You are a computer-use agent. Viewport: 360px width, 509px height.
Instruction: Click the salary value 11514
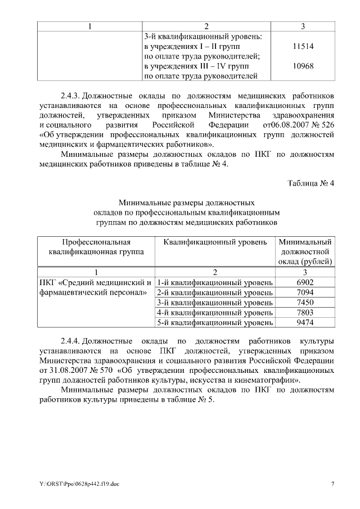[303, 48]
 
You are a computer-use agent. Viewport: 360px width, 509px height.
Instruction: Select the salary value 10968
[303, 67]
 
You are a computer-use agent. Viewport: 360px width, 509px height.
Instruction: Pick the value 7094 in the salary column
[304, 292]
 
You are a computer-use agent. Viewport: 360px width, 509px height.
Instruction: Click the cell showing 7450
[304, 303]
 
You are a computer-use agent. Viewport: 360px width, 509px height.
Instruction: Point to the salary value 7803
[304, 313]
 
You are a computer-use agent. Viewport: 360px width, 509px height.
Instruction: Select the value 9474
[304, 323]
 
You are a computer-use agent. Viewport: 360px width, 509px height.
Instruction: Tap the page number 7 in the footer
[332, 484]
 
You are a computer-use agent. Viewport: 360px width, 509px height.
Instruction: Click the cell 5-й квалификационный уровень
[215, 323]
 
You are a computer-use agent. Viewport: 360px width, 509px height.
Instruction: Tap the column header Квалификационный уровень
[215, 242]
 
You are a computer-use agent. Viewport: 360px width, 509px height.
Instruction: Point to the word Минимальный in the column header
[304, 242]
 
